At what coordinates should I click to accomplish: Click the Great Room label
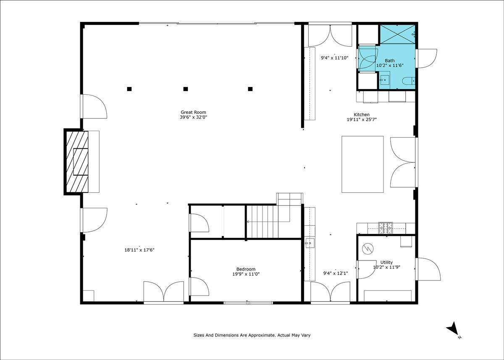[x=193, y=112]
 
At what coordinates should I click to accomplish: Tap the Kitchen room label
[x=362, y=115]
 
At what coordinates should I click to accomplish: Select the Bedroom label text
[x=246, y=269]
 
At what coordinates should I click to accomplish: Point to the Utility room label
[x=386, y=263]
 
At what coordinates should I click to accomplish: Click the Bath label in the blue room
[x=390, y=61]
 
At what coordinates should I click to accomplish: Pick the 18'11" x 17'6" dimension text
[x=139, y=250]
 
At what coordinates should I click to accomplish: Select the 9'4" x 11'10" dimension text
[x=335, y=58]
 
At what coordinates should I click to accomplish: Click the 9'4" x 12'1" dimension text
[x=336, y=273]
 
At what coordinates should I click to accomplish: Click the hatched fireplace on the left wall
[x=76, y=162]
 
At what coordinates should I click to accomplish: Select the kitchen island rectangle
[x=362, y=164]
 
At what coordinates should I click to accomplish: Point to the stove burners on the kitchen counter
[x=386, y=228]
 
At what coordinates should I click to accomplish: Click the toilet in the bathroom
[x=408, y=81]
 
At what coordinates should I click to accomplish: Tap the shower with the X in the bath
[x=398, y=34]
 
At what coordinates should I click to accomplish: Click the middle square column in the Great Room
[x=186, y=89]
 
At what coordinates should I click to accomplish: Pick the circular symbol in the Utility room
[x=368, y=249]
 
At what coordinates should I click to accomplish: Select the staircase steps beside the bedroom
[x=262, y=222]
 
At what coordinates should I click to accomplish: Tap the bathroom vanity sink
[x=384, y=80]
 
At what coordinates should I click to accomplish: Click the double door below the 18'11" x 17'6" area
[x=164, y=292]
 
